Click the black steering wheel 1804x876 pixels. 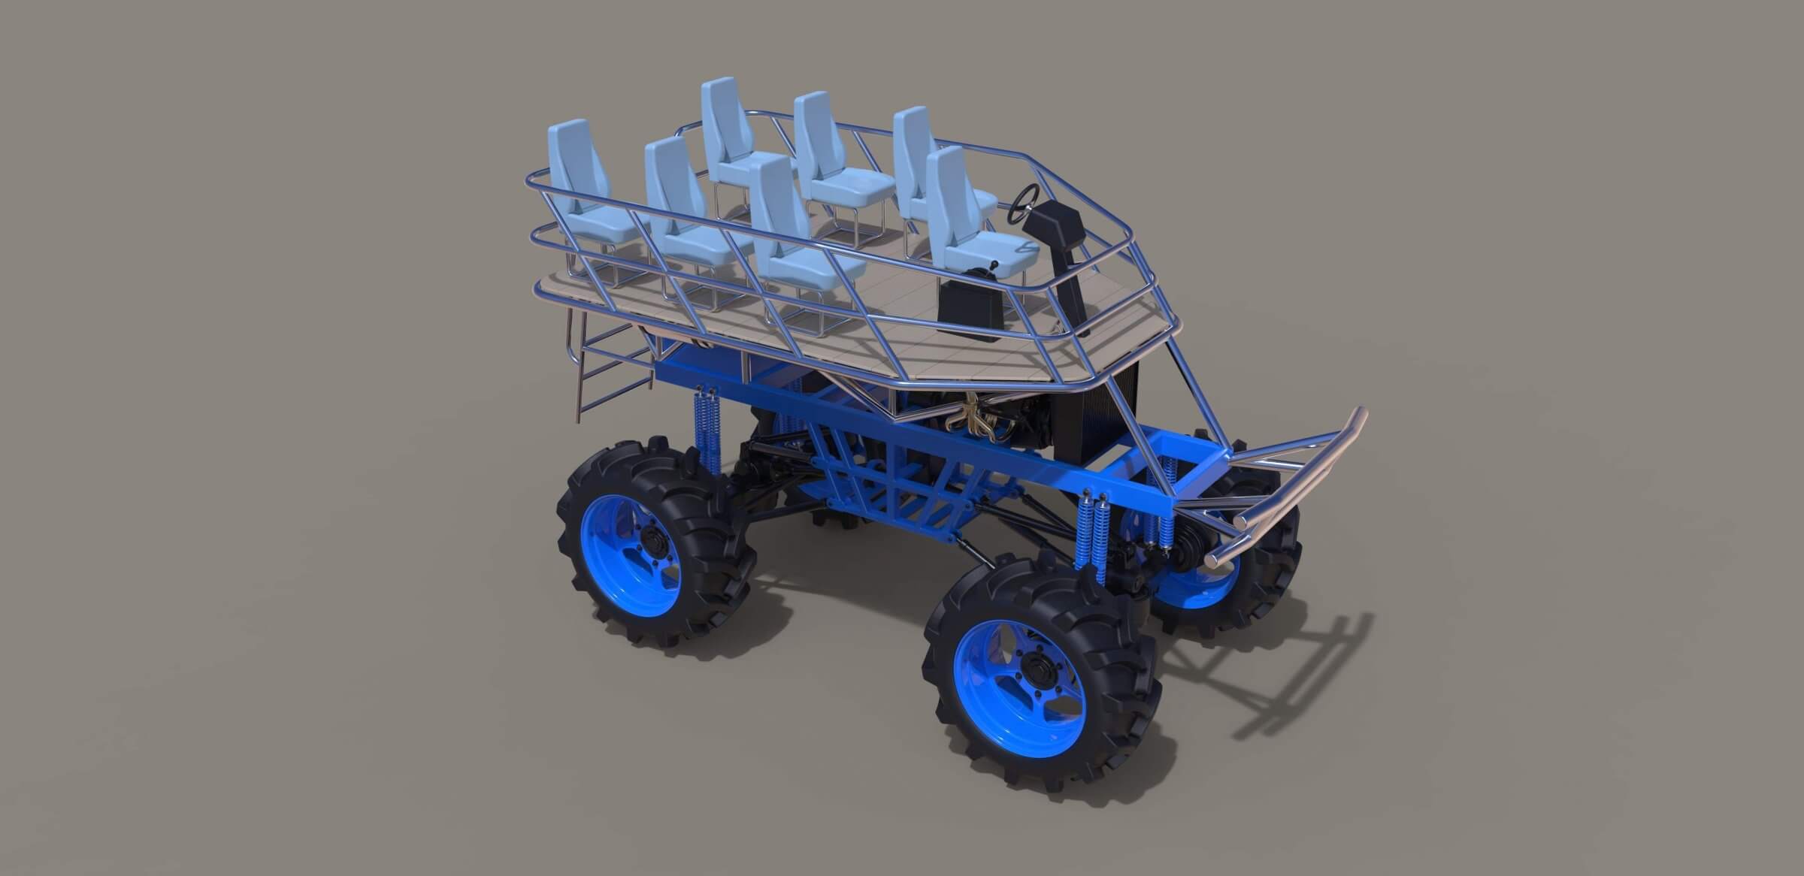[x=1027, y=201]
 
